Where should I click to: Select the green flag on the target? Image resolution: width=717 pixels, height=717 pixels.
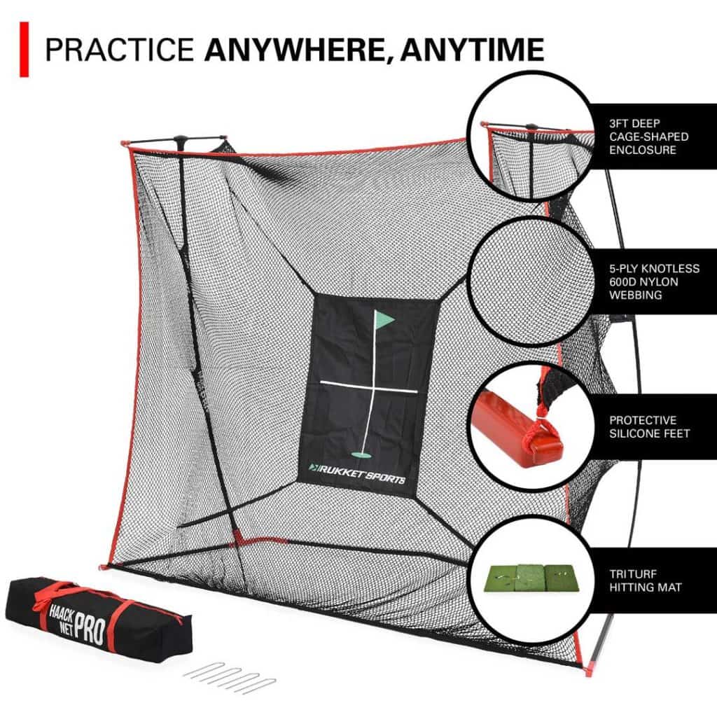384,321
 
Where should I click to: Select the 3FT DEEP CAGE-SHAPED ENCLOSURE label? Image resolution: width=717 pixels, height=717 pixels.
648,137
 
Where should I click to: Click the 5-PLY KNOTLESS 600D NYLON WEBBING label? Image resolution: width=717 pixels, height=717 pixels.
653,281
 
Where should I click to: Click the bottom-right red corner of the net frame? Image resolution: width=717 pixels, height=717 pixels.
583,664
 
